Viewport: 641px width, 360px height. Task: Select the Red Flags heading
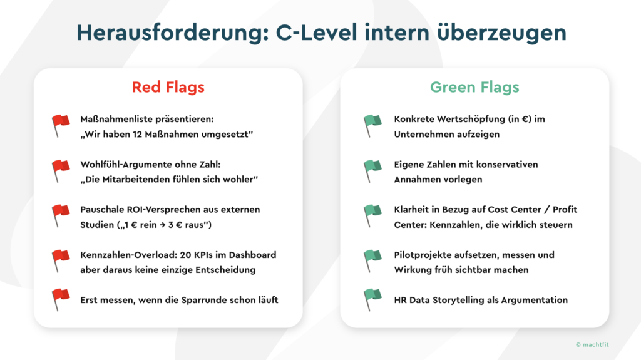click(x=168, y=87)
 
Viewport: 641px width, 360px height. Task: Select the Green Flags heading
click(x=474, y=87)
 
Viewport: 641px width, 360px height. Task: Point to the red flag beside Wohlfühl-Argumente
click(x=61, y=171)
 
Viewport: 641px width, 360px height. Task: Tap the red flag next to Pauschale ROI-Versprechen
click(x=61, y=216)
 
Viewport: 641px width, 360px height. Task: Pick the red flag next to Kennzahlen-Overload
click(x=61, y=261)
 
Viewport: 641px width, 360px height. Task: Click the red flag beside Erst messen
click(x=61, y=300)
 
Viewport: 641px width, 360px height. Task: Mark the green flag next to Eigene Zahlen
click(x=372, y=171)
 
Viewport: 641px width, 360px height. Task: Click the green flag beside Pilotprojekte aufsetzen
click(x=372, y=261)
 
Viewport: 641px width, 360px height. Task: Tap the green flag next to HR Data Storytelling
click(x=372, y=300)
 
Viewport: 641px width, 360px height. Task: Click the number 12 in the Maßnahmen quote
click(x=137, y=135)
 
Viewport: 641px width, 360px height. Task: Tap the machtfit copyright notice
click(x=592, y=345)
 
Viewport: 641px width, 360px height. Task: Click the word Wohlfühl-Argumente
click(x=126, y=165)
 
